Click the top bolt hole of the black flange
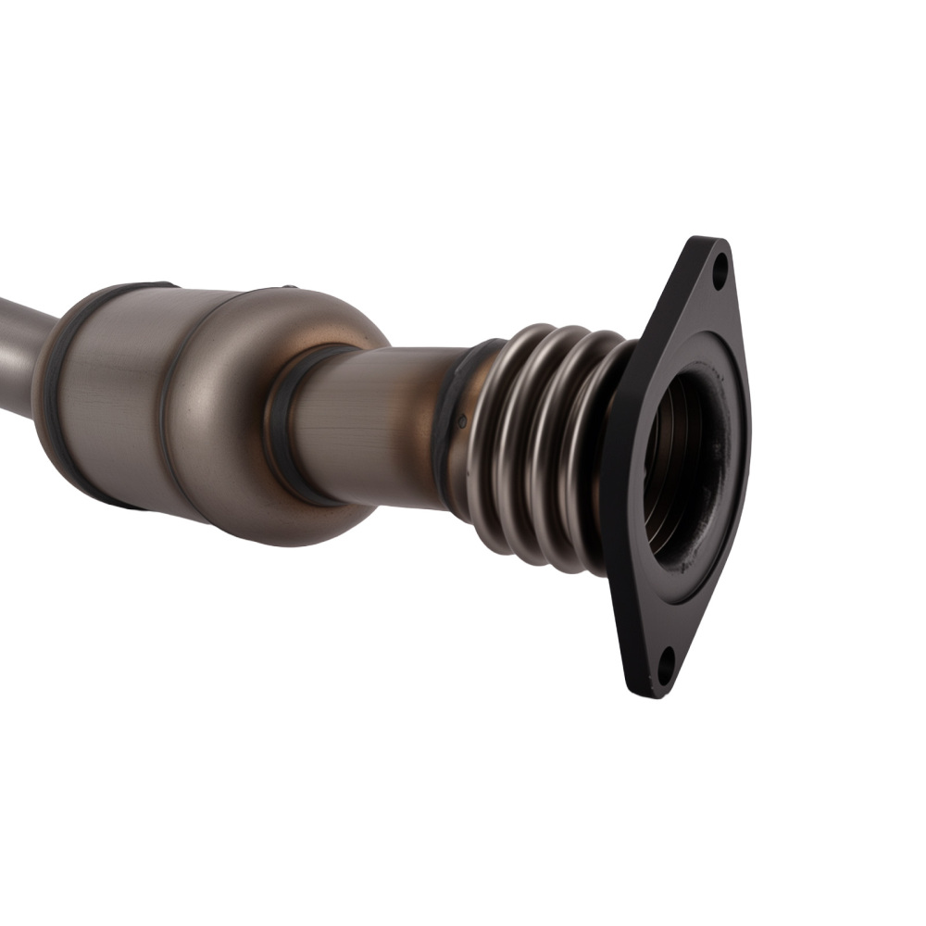720,273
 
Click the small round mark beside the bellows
462,421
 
